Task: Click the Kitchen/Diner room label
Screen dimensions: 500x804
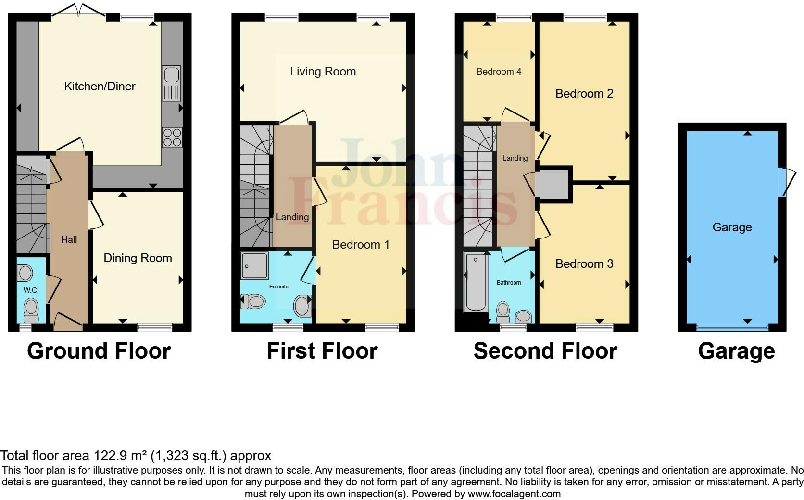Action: coord(100,87)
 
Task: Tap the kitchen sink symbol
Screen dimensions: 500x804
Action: coord(171,83)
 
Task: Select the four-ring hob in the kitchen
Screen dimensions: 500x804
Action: coord(172,137)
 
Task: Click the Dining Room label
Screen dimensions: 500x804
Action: coord(138,258)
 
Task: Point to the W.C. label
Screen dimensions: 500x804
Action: coord(31,290)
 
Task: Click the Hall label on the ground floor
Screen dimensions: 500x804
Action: coord(69,239)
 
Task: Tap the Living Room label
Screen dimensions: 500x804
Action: coord(323,72)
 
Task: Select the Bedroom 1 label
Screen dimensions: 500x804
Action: coord(361,245)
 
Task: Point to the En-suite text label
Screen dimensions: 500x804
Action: coord(278,287)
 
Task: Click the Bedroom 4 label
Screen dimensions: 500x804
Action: coord(499,72)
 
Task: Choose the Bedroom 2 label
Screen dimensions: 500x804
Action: coord(584,94)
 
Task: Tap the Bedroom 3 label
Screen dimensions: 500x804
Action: coord(584,264)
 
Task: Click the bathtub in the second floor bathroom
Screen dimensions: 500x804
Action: coord(477,284)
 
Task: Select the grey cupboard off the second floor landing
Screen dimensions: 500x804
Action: coord(553,184)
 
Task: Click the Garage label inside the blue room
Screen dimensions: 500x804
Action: coord(732,227)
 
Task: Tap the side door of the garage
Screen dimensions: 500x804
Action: coord(785,182)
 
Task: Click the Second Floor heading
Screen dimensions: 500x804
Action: coord(545,351)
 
